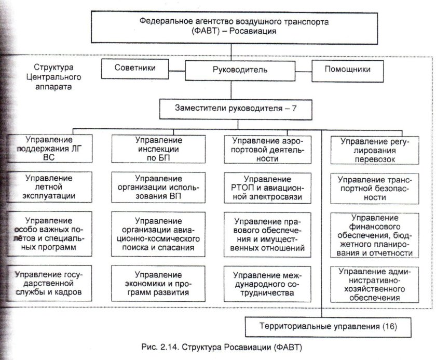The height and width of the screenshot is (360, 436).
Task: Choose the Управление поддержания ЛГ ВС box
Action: pos(51,150)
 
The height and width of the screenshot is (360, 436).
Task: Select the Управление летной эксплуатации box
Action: pos(51,188)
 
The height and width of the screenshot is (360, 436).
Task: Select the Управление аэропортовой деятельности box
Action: pos(268,150)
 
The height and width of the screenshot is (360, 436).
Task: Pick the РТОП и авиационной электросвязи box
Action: pos(268,188)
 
